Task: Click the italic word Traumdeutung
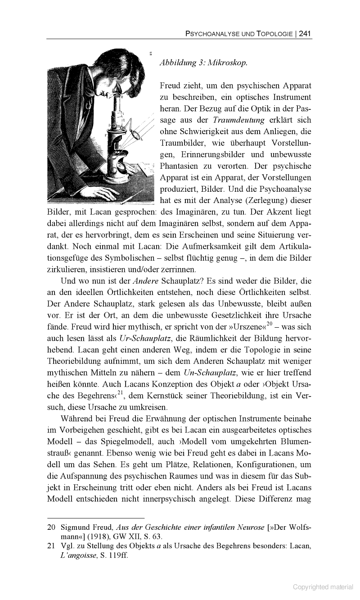click(240, 120)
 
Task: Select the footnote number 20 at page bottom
click(51, 528)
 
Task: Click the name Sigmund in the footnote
click(76, 528)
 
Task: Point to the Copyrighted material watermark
click(323, 586)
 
